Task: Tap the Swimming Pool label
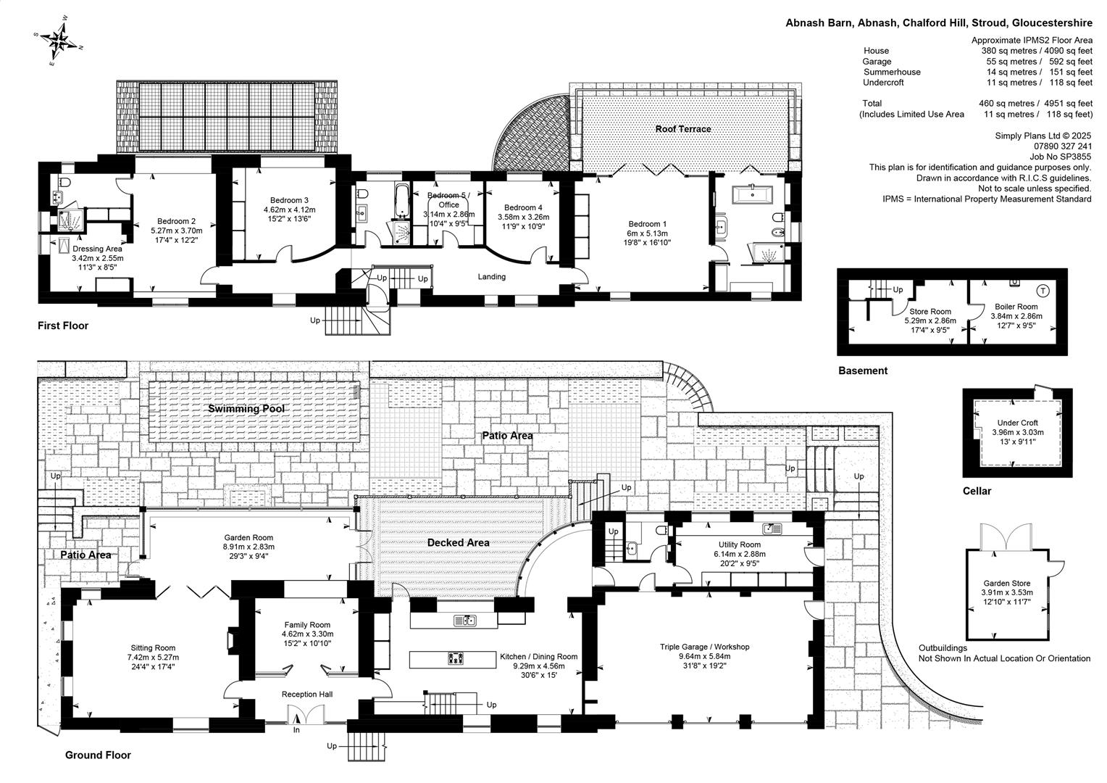[x=246, y=409]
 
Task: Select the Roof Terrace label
[x=683, y=129]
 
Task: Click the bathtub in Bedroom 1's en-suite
[x=752, y=195]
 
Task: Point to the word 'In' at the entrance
[x=296, y=730]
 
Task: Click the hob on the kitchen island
[x=456, y=658]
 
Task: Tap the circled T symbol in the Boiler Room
[x=1043, y=291]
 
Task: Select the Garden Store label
[x=1007, y=583]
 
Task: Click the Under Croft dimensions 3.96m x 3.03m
[x=1018, y=432]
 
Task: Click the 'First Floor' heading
[x=63, y=326]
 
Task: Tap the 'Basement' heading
[x=863, y=370]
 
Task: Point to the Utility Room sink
[x=772, y=529]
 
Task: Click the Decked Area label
[x=458, y=542]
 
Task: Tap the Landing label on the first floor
[x=492, y=276]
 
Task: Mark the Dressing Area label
[x=97, y=249]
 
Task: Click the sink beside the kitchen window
[x=465, y=621]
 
